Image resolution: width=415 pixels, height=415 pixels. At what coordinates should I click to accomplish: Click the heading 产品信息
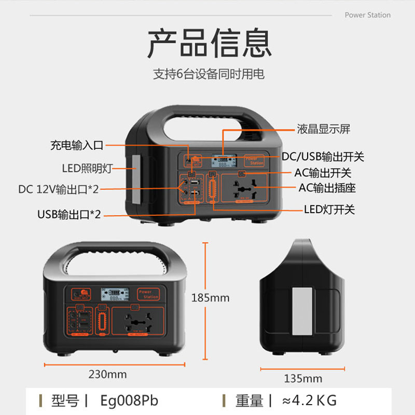point(209,44)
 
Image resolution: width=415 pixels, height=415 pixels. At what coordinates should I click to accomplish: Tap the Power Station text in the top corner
point(367,15)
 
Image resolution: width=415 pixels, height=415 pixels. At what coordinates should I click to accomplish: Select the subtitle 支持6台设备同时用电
point(209,74)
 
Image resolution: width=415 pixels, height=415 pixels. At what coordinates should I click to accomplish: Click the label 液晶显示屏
point(323,129)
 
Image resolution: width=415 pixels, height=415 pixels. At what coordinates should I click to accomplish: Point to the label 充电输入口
point(77,145)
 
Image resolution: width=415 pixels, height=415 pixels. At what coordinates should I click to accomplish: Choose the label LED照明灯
point(87,168)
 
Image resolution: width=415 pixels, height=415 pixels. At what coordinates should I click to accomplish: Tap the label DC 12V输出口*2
point(59,189)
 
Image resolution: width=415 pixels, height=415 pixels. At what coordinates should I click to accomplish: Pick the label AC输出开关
point(323,173)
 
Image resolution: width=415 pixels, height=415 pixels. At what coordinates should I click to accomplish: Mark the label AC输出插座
point(327,187)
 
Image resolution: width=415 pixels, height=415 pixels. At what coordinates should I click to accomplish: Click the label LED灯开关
point(329,210)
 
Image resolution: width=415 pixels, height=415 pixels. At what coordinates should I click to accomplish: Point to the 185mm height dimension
point(210,298)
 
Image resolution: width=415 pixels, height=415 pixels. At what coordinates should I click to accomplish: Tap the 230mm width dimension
point(107,374)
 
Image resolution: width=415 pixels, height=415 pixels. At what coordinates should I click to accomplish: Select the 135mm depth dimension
point(303,378)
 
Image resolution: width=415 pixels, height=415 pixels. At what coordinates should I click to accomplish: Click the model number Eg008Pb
point(129,400)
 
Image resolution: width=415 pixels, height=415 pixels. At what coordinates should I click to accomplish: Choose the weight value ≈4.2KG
point(309,400)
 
